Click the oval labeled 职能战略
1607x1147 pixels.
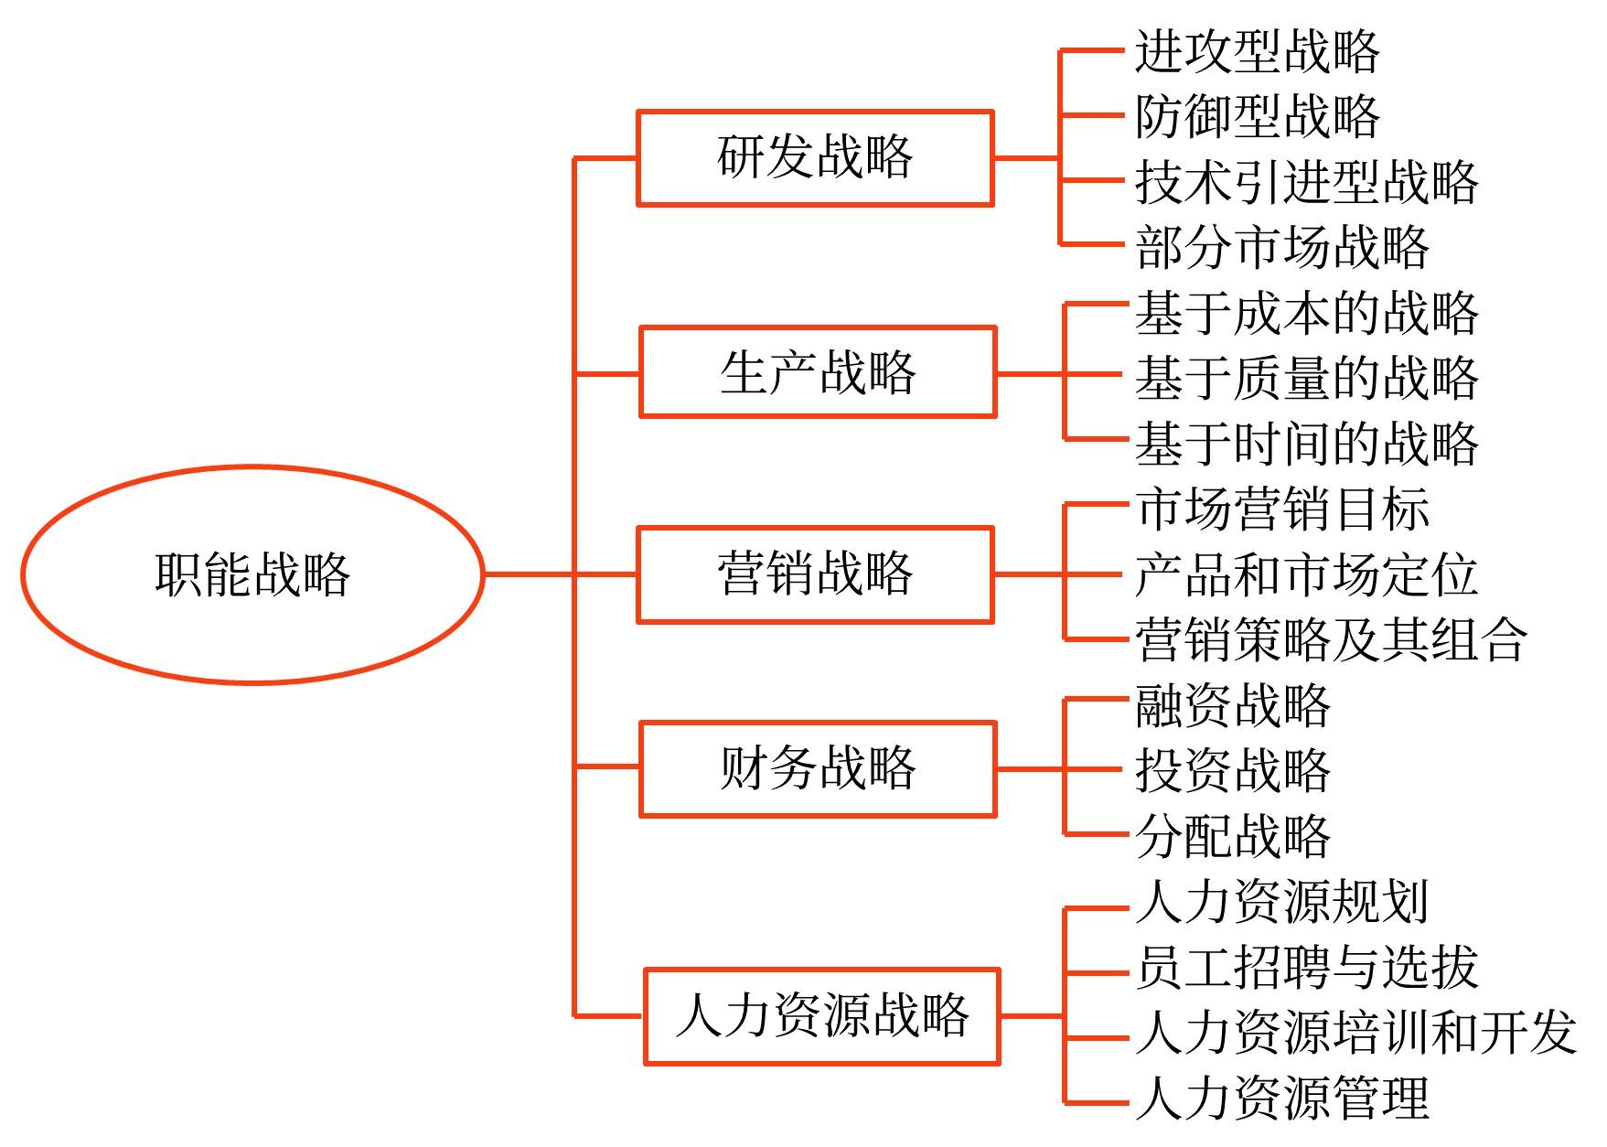252,574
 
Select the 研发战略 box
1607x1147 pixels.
815,158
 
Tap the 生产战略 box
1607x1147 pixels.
818,372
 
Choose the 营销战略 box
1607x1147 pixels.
815,574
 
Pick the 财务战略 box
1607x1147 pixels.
818,768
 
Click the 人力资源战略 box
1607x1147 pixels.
821,1016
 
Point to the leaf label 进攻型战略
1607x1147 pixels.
1257,51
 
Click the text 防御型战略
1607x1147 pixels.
1257,116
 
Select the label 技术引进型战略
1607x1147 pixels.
1306,182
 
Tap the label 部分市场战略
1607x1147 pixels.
1281,247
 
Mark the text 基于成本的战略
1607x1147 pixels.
1306,313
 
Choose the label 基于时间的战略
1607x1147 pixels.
1306,444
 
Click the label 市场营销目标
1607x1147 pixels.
1281,509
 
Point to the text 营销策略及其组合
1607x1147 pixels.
1331,639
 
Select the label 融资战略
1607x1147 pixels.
1232,705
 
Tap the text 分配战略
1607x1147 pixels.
1232,836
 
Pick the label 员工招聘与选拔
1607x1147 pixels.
1306,967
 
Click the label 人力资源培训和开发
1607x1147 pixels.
1355,1033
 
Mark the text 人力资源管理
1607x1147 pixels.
1281,1098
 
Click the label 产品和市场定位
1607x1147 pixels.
1306,574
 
